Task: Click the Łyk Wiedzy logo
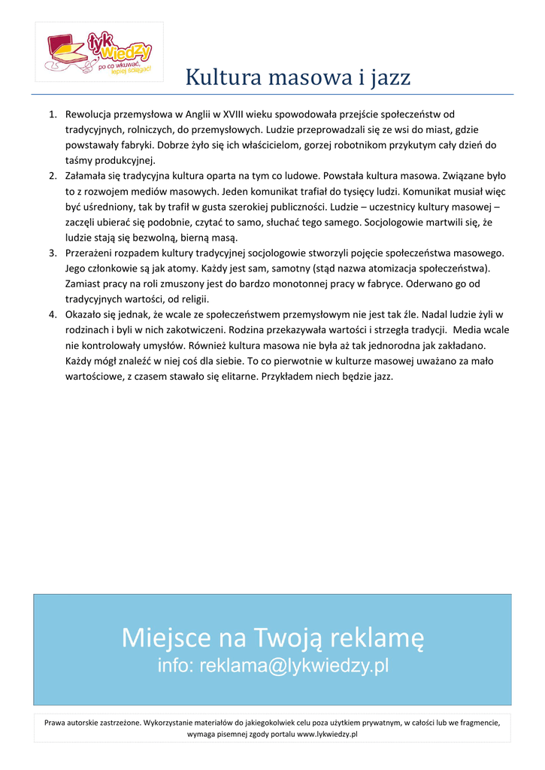[x=99, y=51]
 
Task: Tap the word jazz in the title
[x=389, y=77]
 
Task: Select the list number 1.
[x=53, y=114]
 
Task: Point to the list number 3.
[x=53, y=253]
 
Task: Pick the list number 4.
[x=53, y=315]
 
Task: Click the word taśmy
[x=79, y=161]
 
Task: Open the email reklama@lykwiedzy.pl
[x=294, y=665]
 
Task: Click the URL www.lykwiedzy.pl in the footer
[x=327, y=733]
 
